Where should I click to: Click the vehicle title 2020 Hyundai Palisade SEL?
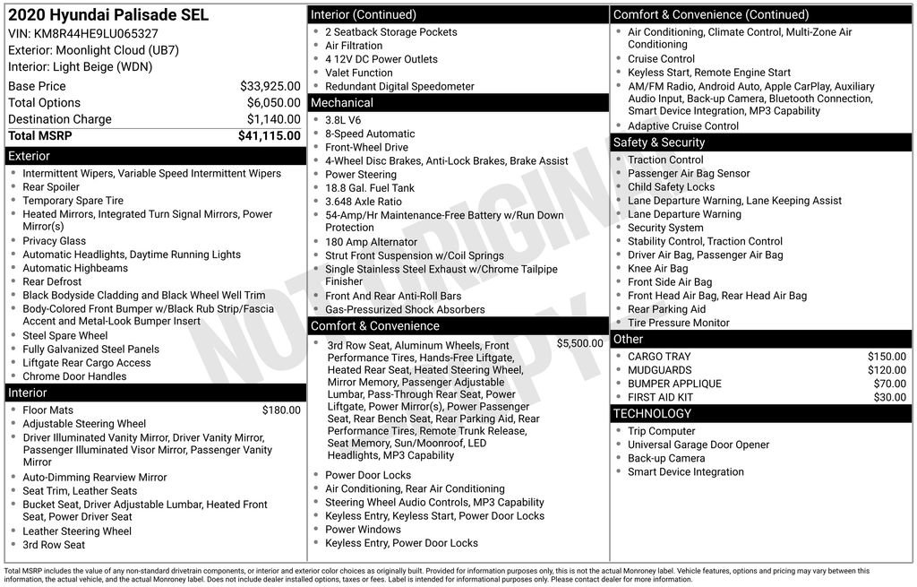108,15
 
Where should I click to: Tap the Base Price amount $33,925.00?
270,86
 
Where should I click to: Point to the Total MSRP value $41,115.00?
269,135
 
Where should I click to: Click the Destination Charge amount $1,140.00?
273,119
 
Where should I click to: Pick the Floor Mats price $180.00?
281,410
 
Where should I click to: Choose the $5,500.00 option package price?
579,343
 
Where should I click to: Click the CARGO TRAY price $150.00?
887,357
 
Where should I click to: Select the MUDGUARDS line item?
659,370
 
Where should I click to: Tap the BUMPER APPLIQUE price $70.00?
889,384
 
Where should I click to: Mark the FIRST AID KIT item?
660,397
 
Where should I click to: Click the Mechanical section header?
341,103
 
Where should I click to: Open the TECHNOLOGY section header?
651,413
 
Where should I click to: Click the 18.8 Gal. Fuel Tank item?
369,188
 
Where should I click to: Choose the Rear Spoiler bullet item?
51,187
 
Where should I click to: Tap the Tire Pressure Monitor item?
678,323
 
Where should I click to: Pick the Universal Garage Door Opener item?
698,445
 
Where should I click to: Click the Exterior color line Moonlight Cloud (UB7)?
81,50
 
